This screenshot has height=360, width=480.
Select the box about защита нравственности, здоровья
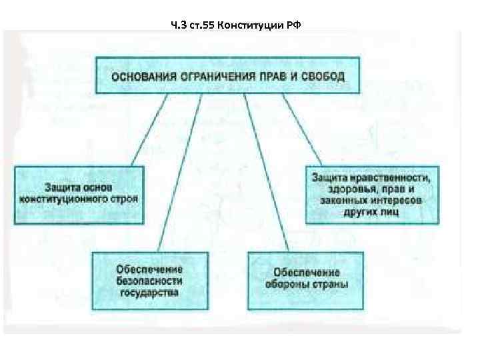pyautogui.click(x=371, y=193)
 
